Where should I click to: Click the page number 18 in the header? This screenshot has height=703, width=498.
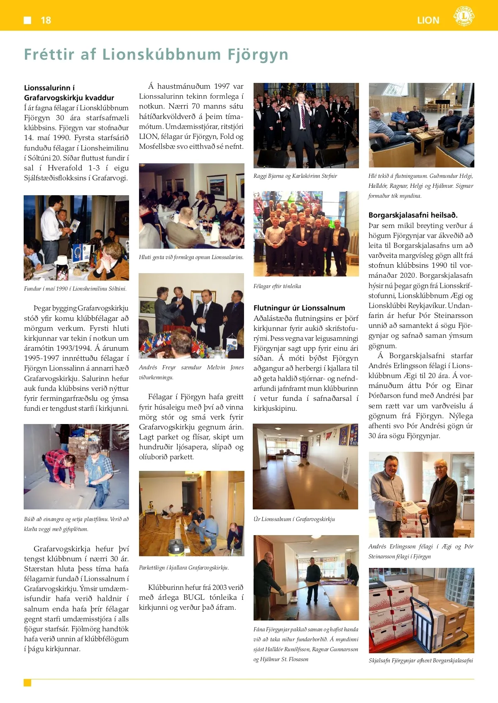[x=46, y=20]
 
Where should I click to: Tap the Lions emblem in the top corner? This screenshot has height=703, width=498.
[x=464, y=17]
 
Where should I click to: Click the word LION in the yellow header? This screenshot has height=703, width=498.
[x=428, y=20]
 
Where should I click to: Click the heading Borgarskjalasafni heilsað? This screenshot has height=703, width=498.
[x=413, y=215]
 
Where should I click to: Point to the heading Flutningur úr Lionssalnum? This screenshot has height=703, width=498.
[x=299, y=308]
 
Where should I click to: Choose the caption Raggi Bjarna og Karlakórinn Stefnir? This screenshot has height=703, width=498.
[x=295, y=176]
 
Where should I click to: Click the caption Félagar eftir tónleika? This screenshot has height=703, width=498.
[x=277, y=286]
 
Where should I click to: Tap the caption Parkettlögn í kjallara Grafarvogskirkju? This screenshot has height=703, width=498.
[x=184, y=567]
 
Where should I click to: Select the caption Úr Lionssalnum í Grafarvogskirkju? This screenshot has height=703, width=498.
[x=294, y=519]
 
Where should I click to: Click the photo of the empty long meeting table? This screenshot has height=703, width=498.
[x=305, y=466]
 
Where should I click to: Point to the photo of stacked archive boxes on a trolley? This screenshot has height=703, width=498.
[x=421, y=611]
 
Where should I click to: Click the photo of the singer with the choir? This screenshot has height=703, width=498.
[x=306, y=126]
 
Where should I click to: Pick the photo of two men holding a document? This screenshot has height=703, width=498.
[x=421, y=495]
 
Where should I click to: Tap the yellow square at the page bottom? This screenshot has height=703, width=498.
[x=27, y=683]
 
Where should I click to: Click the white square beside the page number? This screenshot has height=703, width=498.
[x=27, y=20]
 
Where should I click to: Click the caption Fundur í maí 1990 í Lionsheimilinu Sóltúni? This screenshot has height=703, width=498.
[x=75, y=289]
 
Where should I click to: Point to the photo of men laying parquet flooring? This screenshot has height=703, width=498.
[x=191, y=513]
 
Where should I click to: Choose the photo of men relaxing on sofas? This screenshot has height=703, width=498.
[x=421, y=125]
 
